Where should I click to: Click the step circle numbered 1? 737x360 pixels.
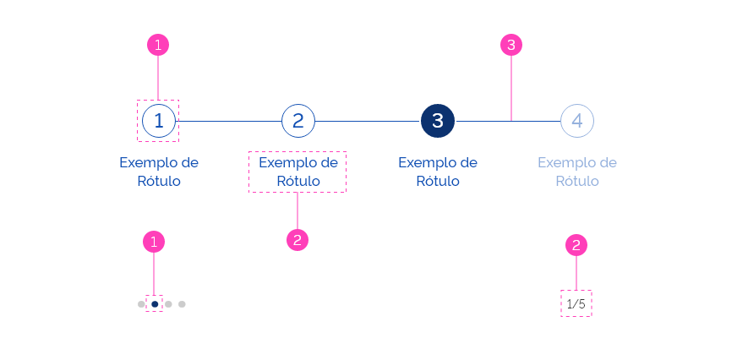click(x=159, y=121)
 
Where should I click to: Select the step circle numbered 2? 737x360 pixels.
click(x=298, y=121)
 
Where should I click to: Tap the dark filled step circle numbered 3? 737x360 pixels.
click(x=438, y=121)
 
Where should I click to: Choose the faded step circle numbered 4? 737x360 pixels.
click(x=577, y=121)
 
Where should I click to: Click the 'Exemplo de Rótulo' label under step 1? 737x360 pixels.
click(x=159, y=172)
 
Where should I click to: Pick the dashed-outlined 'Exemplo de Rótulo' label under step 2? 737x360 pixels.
click(x=298, y=172)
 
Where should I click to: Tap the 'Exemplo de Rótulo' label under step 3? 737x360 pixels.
click(x=438, y=172)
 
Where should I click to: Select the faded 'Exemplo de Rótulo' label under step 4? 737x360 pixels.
click(x=577, y=172)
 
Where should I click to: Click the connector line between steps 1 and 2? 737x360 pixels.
click(x=228, y=121)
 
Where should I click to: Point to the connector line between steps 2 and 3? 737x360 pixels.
click(x=368, y=121)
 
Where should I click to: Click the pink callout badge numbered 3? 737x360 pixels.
click(x=510, y=45)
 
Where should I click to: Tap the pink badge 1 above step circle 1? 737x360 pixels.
click(x=158, y=45)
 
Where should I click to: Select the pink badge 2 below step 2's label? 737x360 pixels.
click(x=297, y=240)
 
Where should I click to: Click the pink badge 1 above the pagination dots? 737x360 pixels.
click(x=154, y=243)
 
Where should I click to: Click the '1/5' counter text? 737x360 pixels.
click(x=576, y=303)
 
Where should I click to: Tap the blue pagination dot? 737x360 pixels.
click(x=155, y=303)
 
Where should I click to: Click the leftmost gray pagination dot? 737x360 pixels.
click(x=141, y=303)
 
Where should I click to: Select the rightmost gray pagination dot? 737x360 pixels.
click(x=182, y=303)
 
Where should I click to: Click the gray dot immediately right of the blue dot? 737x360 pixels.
click(x=168, y=303)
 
